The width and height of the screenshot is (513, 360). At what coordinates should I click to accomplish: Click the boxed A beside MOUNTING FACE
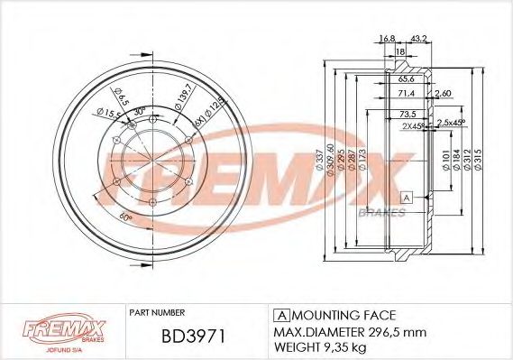[279, 314]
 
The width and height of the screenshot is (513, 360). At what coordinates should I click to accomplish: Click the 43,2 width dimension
[417, 37]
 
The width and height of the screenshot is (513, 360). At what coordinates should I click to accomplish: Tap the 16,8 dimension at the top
[388, 37]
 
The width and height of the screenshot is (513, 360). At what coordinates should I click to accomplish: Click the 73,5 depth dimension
[408, 115]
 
